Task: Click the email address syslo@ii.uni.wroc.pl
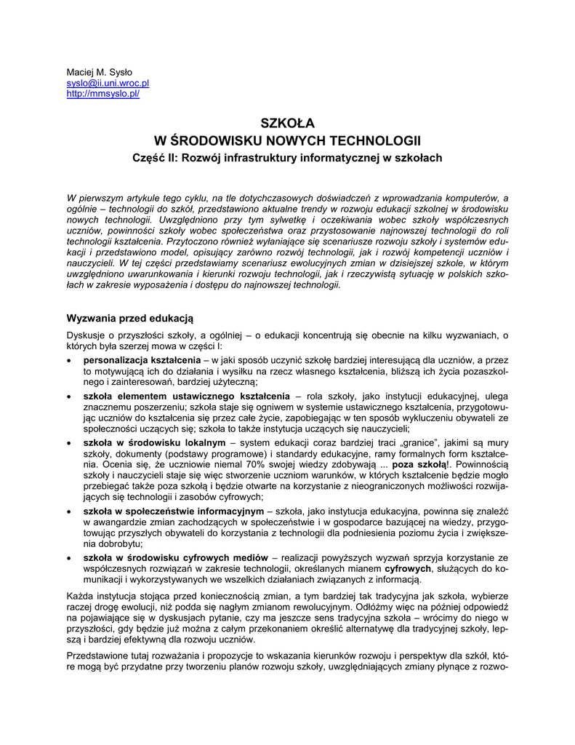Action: pyautogui.click(x=108, y=84)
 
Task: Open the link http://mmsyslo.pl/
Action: pyautogui.click(x=102, y=94)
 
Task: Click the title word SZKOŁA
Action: pyautogui.click(x=287, y=124)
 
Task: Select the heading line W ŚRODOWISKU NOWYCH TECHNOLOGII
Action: pyautogui.click(x=287, y=140)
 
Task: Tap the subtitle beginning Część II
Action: pyautogui.click(x=287, y=157)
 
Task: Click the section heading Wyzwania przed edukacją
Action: pyautogui.click(x=129, y=318)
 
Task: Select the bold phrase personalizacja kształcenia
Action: pyautogui.click(x=142, y=360)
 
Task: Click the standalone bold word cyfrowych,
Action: pyautogui.click(x=409, y=568)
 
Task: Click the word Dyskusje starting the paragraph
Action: pyautogui.click(x=87, y=335)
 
